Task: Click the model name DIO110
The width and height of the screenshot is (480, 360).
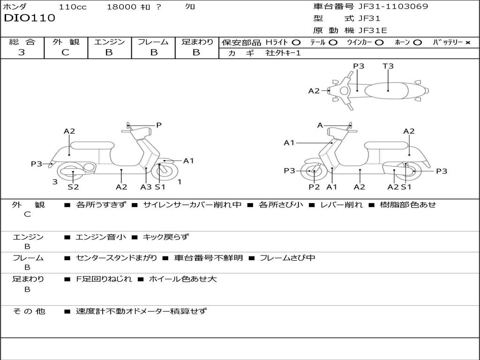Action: tap(30, 18)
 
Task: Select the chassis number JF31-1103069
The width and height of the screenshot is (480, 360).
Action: tap(386, 7)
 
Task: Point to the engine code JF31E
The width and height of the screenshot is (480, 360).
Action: tap(373, 31)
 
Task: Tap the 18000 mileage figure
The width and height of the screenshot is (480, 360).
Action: tap(121, 7)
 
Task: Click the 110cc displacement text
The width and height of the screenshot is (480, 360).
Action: tap(73, 7)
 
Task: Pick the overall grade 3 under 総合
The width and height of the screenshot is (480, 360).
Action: tap(22, 52)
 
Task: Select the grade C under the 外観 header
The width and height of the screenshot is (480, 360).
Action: tap(65, 52)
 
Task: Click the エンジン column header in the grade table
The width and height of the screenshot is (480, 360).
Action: tap(109, 42)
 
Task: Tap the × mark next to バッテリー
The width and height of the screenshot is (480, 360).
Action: tap(467, 42)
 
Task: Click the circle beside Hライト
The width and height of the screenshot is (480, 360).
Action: tap(296, 42)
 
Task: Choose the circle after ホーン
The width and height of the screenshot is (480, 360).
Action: tap(418, 42)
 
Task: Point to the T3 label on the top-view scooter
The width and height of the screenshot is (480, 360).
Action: tap(388, 66)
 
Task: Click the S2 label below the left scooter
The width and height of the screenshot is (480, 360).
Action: tap(73, 187)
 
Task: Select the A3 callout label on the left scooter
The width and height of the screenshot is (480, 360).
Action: tap(146, 187)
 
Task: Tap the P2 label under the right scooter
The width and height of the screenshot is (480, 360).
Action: tap(314, 187)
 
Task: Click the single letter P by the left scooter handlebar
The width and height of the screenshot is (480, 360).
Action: tap(159, 125)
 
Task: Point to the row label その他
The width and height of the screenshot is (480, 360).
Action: tap(29, 311)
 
